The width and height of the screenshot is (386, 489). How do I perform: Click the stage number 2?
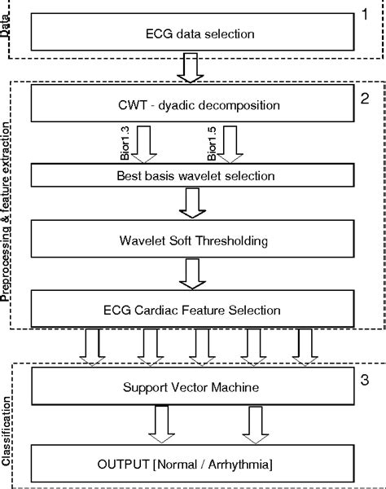click(x=366, y=99)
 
